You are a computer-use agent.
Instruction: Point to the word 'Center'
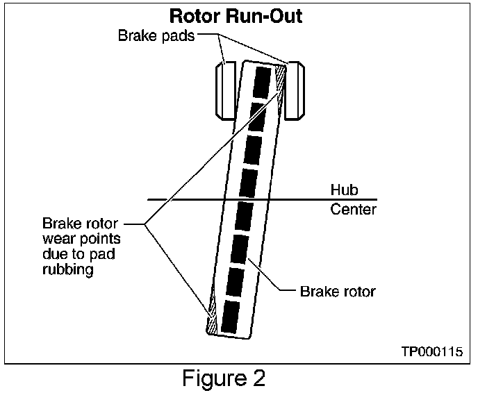353,209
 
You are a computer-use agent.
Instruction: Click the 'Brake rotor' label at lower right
338,291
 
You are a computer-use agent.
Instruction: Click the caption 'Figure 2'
224,378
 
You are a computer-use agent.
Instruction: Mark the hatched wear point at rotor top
281,80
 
